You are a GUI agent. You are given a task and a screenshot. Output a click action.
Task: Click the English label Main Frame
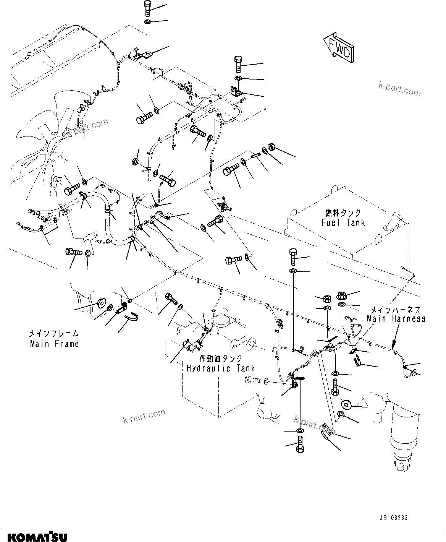[x=55, y=344]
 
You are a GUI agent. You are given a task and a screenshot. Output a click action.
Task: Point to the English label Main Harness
[x=396, y=318]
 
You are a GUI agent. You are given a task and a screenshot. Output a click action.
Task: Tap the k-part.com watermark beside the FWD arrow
[x=399, y=91]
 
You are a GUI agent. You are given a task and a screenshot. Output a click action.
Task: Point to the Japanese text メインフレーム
[x=55, y=333]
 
